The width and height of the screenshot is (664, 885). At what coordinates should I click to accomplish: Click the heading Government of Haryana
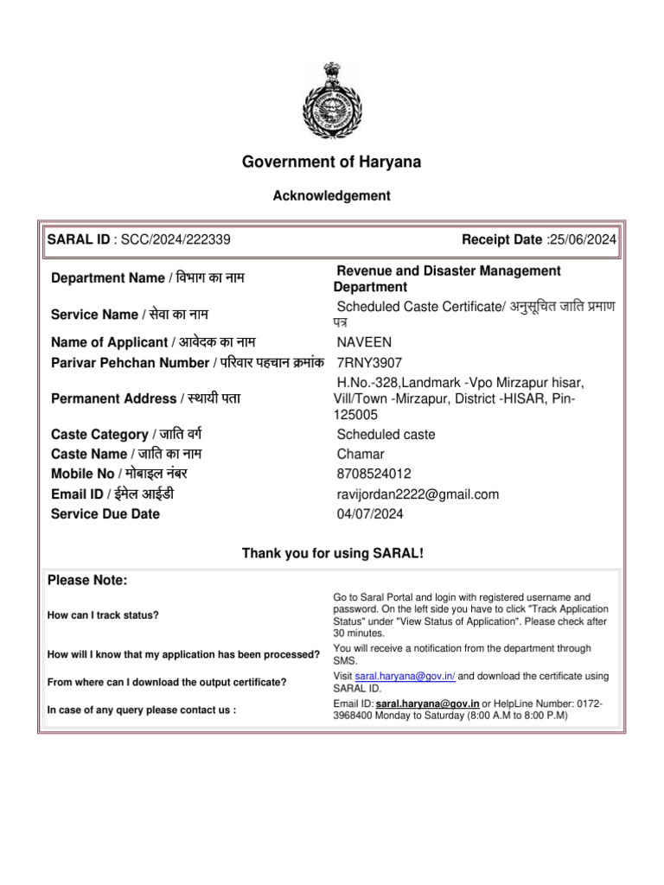pos(332,162)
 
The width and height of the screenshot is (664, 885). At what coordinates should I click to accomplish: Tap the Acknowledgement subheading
pos(332,196)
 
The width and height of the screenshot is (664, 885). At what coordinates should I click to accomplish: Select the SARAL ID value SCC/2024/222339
pos(176,240)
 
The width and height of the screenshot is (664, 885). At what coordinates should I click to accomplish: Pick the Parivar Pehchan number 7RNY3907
pos(369,363)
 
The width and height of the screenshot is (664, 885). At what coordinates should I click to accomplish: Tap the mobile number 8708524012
pos(374,474)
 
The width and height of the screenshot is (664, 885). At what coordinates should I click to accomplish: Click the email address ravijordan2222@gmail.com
pos(418,494)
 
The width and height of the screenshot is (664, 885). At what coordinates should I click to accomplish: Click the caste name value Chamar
pos(361,455)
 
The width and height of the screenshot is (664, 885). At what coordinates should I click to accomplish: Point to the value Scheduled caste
pos(386,435)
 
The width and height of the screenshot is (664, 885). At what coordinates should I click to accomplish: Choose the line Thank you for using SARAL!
pos(333,553)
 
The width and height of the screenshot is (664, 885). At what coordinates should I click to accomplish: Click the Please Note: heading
pos(87,580)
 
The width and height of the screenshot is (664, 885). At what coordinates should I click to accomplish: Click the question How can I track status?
pos(103,615)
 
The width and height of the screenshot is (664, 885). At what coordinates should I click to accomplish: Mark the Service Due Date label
pos(105,514)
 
